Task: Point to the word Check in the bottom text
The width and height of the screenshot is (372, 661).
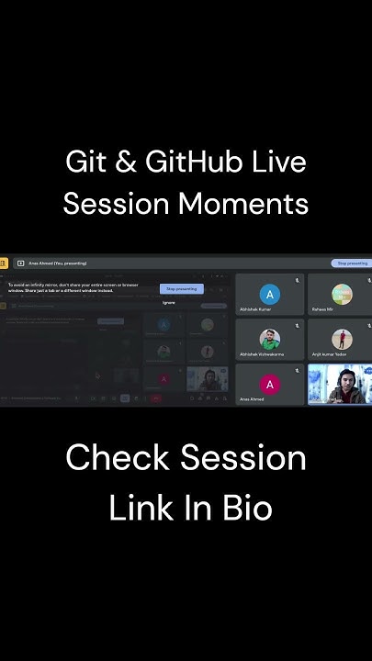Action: (x=118, y=457)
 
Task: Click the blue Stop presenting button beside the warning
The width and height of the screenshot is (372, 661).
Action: (x=182, y=288)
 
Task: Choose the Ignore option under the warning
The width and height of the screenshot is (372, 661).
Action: (x=169, y=302)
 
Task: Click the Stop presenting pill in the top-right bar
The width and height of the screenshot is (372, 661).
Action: (x=353, y=263)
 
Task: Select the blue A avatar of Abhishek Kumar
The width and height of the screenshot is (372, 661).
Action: (x=269, y=294)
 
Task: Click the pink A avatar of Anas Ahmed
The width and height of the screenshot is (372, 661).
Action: (x=269, y=384)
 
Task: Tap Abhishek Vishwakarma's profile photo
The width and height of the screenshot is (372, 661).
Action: (x=269, y=339)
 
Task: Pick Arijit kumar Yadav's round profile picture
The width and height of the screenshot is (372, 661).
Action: (x=342, y=339)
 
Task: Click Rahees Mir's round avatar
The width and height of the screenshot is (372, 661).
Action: (x=342, y=294)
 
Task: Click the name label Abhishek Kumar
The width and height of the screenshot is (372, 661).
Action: (x=256, y=309)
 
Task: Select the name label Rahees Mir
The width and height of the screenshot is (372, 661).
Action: (x=323, y=309)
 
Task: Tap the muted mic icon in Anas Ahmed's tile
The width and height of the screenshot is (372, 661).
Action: (x=297, y=371)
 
